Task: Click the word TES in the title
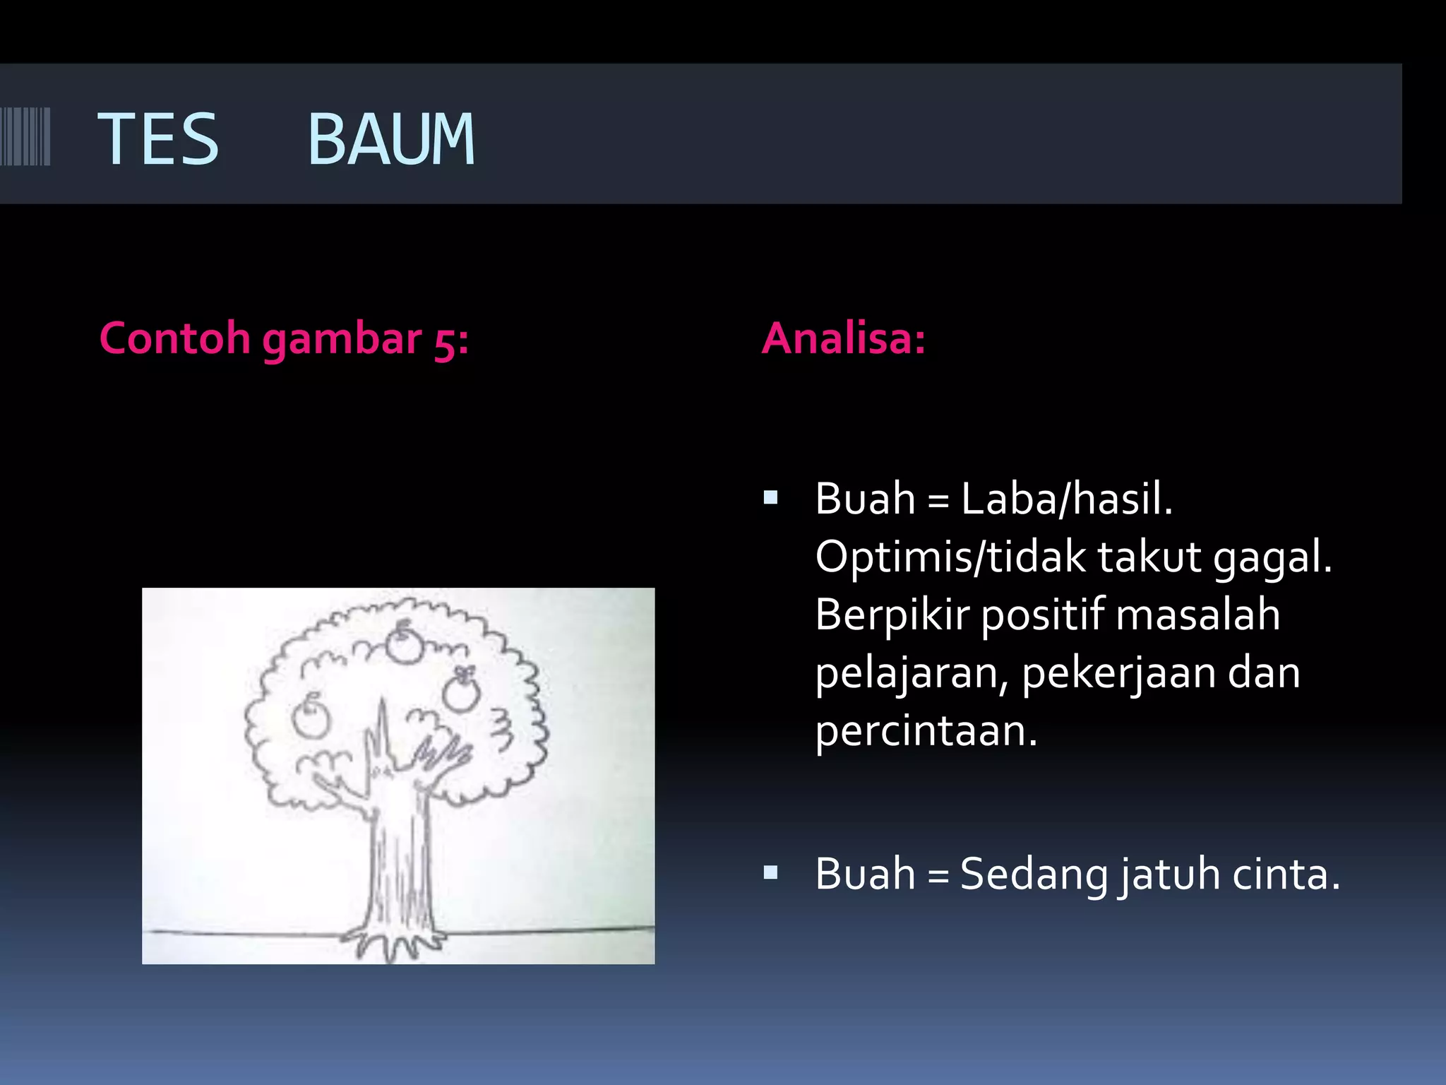(158, 140)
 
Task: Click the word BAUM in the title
(391, 140)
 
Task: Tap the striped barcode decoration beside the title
(25, 136)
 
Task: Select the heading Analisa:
(843, 338)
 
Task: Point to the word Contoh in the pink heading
(174, 338)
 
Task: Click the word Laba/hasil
(1066, 499)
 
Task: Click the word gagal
(1272, 557)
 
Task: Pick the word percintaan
(926, 731)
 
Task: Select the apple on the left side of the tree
(311, 718)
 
